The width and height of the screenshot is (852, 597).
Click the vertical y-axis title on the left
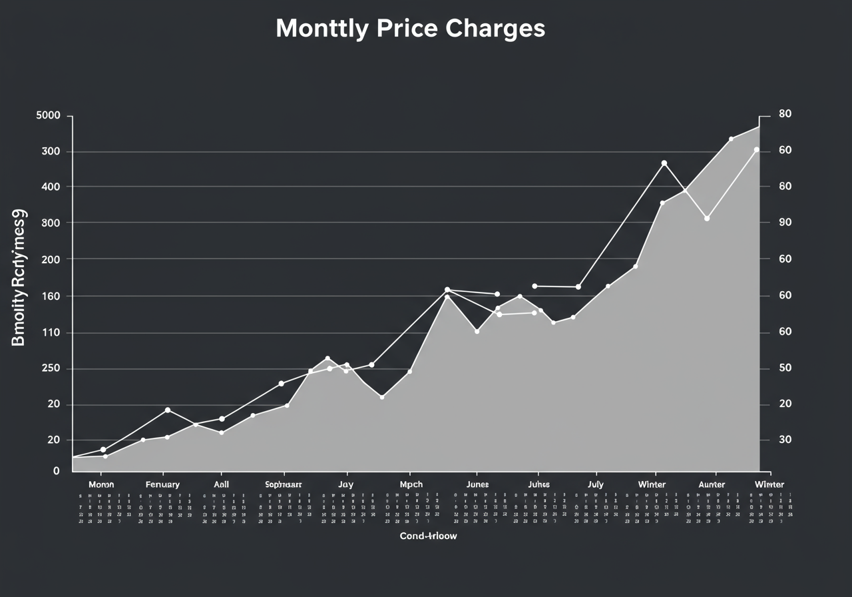pos(19,277)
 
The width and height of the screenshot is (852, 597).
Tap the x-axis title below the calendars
pos(428,536)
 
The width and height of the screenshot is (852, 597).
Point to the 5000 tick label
pos(48,115)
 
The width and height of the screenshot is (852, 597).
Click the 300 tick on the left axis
pos(51,151)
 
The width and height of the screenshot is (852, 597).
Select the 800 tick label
pos(51,223)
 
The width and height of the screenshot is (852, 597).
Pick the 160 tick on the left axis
pos(51,296)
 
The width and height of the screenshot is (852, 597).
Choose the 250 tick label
pos(51,368)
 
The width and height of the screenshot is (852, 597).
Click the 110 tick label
pos(51,332)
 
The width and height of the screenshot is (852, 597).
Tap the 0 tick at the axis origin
pos(57,471)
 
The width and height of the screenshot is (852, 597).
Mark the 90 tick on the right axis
pos(785,223)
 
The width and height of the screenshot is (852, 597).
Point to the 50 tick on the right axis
pos(785,368)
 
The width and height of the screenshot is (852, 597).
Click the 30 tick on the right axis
pos(785,440)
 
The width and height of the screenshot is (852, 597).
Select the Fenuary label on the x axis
pos(162,484)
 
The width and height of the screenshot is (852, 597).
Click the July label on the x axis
pos(596,484)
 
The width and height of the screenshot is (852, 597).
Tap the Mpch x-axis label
pos(411,484)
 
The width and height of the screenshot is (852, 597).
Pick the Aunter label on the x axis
pos(712,484)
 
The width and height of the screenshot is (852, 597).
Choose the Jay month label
pos(345,484)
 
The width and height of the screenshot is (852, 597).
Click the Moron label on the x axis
pos(101,484)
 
